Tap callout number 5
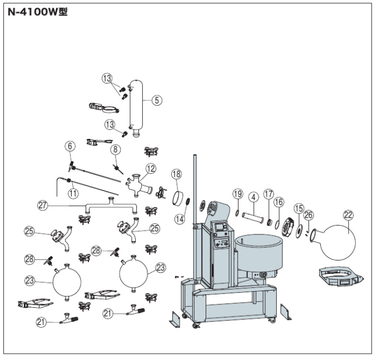click(x=157, y=101)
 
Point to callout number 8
click(x=115, y=149)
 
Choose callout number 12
click(x=151, y=168)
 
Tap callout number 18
click(x=177, y=174)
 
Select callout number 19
click(x=238, y=194)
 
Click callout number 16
click(x=278, y=201)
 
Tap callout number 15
click(x=299, y=208)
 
